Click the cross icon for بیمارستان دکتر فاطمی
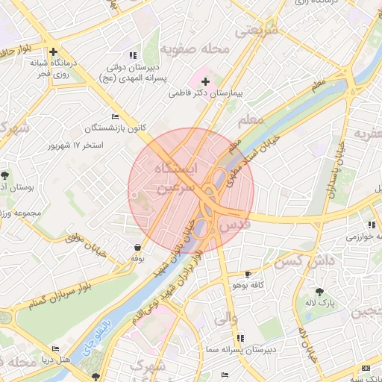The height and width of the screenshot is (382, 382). click(x=206, y=81)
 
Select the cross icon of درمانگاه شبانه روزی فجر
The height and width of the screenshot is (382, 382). click(x=54, y=51)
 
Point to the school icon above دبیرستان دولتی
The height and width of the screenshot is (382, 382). click(x=133, y=55)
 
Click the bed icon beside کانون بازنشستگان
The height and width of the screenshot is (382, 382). click(x=114, y=117)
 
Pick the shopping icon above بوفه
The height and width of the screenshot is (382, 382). click(x=137, y=247)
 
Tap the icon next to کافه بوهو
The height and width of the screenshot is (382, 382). click(x=248, y=275)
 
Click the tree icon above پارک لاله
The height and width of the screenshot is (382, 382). click(x=320, y=291)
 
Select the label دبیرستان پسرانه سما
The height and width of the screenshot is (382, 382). click(x=242, y=348)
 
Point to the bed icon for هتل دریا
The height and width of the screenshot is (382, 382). click(x=55, y=349)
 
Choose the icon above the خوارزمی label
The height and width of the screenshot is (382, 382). click(x=371, y=225)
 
